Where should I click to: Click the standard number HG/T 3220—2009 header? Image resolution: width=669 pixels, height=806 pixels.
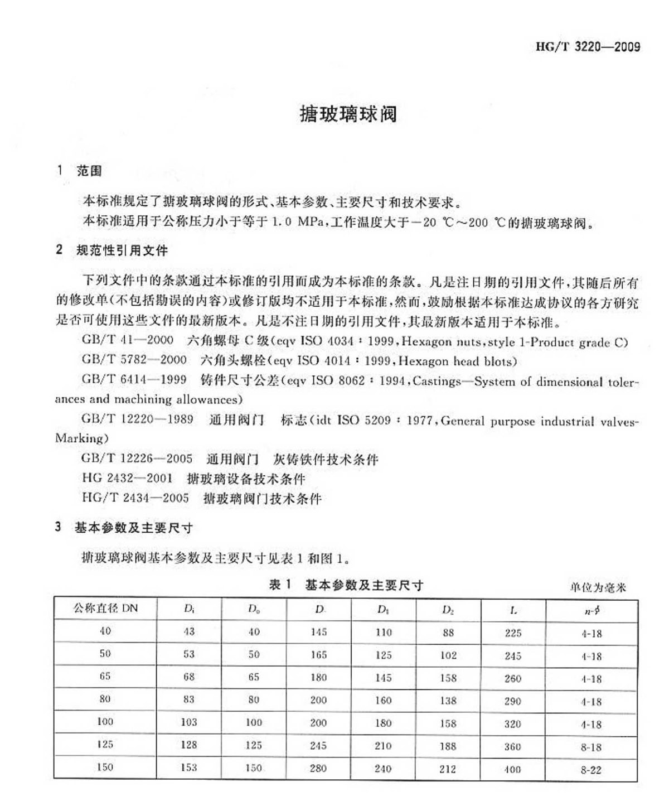(x=588, y=47)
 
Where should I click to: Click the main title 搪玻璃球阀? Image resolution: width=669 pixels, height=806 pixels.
(x=348, y=114)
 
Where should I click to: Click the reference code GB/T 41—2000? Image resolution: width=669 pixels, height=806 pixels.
(x=128, y=340)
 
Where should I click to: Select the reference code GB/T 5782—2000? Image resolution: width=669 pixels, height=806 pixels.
(x=134, y=360)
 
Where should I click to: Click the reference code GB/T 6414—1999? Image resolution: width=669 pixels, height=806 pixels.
(x=134, y=380)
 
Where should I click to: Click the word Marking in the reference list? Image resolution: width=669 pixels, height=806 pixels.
(x=82, y=438)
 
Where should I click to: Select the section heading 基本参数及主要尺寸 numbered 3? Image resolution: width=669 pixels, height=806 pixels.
(x=134, y=528)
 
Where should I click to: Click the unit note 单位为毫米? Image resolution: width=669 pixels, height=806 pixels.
(x=598, y=587)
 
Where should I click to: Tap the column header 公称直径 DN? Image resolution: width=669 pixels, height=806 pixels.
(x=105, y=609)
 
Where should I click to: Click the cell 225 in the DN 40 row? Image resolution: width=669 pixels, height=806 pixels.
(x=513, y=633)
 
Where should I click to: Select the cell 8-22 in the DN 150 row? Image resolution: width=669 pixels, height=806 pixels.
(x=591, y=770)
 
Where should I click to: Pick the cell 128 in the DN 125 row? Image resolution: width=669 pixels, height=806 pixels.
(x=189, y=745)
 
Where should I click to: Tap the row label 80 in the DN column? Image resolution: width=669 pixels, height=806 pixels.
(x=105, y=699)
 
